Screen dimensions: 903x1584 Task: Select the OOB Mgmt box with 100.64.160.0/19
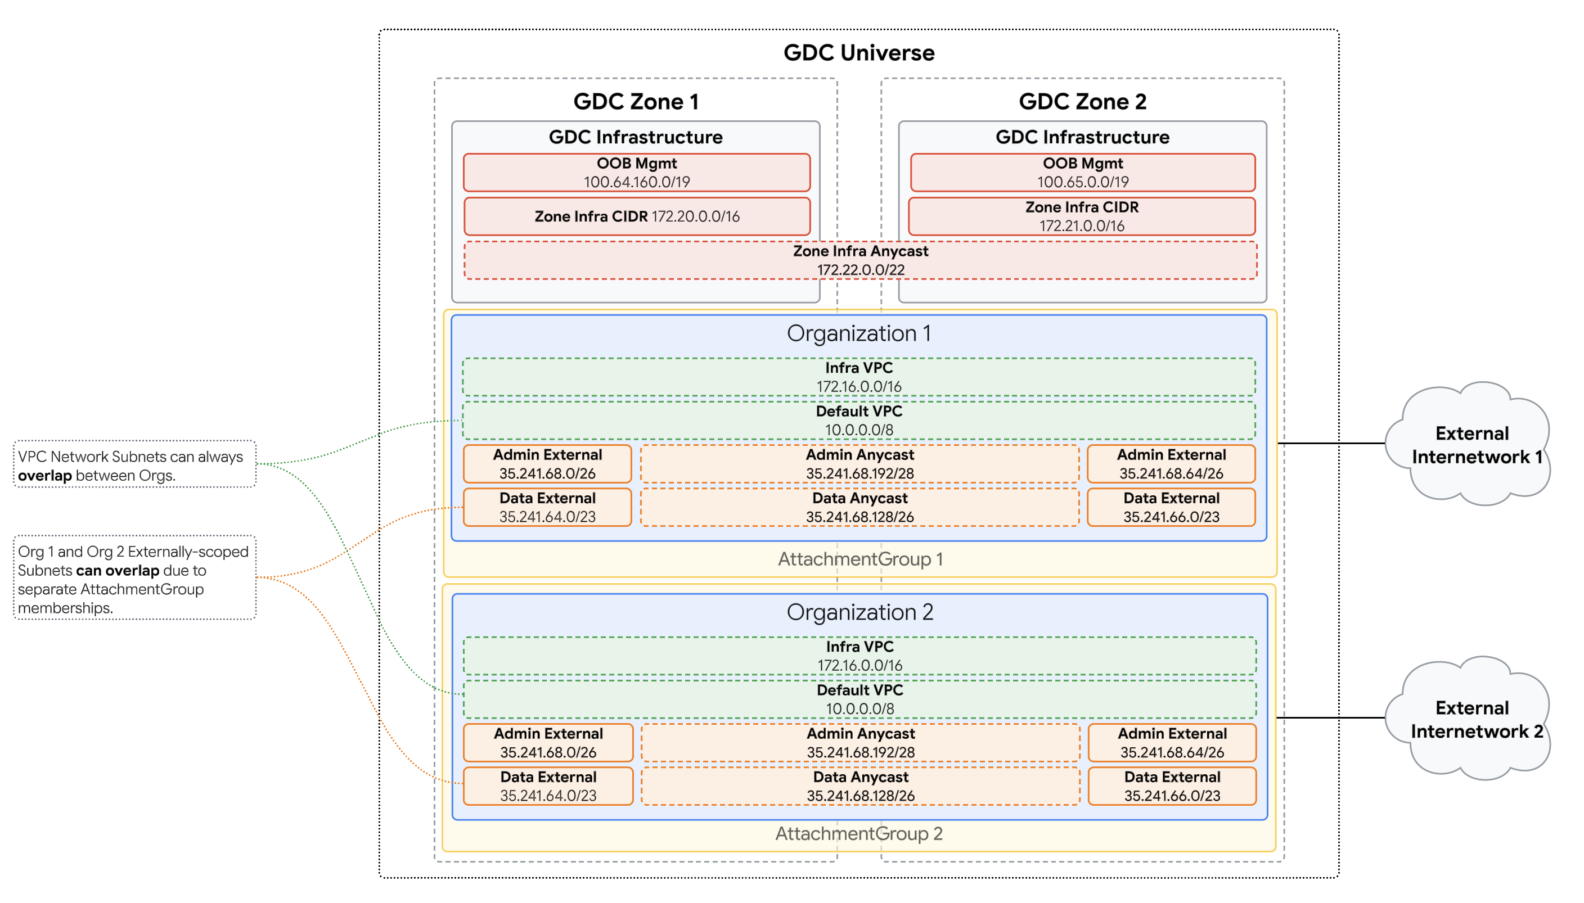click(636, 173)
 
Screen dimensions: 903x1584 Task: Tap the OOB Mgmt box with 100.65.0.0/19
click(1082, 173)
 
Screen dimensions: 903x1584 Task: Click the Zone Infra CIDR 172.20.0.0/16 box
click(636, 216)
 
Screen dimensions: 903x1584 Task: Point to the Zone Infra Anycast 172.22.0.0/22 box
click(860, 260)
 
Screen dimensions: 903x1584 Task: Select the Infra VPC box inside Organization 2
click(859, 656)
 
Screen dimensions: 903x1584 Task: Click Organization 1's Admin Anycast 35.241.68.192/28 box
click(859, 463)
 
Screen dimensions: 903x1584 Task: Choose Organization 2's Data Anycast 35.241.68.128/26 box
click(860, 786)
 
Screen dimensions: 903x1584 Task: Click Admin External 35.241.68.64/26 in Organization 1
click(1171, 463)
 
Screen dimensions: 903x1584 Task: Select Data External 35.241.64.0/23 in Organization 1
click(547, 507)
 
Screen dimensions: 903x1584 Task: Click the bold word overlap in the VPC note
click(44, 476)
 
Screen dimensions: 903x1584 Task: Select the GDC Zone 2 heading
click(1082, 101)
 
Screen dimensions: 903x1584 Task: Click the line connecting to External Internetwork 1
click(1331, 443)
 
